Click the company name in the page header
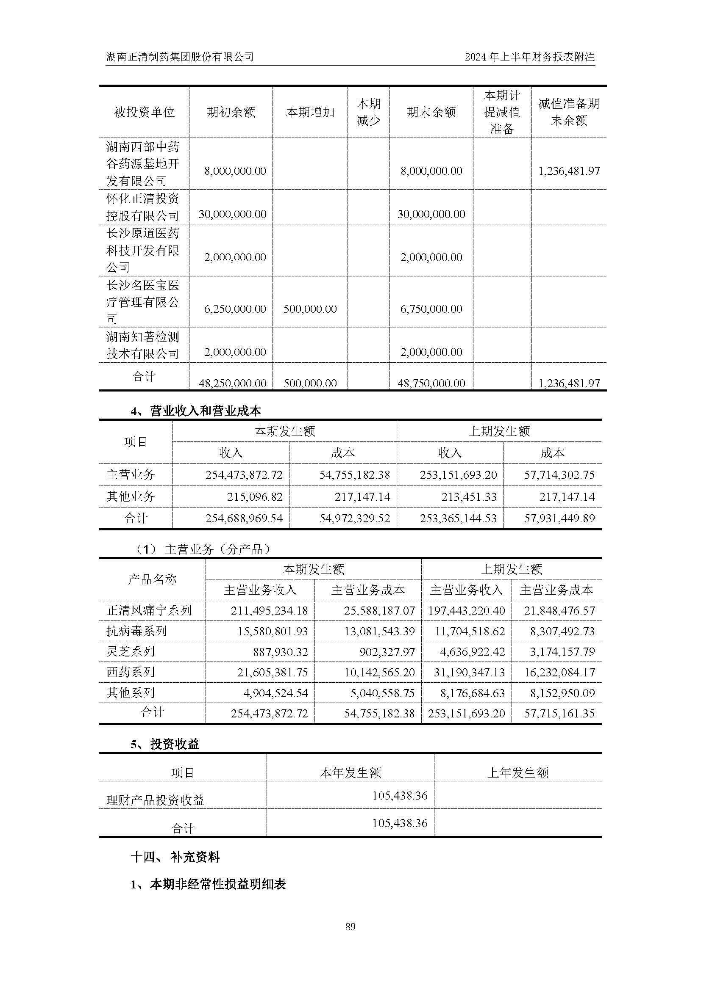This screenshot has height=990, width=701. click(x=180, y=56)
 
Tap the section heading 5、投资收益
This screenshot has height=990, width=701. click(x=165, y=744)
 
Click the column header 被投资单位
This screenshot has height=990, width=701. click(x=144, y=112)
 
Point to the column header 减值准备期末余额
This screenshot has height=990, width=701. click(x=568, y=112)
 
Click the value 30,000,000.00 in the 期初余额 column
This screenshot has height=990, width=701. click(x=232, y=214)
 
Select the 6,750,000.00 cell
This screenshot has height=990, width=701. click(x=431, y=309)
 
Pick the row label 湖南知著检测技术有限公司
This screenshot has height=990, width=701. click(x=142, y=345)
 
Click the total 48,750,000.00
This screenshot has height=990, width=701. click(x=431, y=383)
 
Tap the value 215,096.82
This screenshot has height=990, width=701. click(x=255, y=497)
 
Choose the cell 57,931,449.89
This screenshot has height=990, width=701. click(x=559, y=518)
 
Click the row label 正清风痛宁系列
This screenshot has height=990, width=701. click(x=149, y=610)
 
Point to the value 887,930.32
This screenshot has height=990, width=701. click(x=281, y=651)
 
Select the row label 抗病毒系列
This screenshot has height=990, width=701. click(x=136, y=631)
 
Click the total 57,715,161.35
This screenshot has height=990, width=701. click(x=559, y=714)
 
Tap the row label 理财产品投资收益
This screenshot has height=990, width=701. click(x=155, y=800)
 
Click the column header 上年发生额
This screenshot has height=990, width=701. click(x=517, y=772)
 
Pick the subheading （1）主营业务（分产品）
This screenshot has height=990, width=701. click(x=203, y=549)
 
